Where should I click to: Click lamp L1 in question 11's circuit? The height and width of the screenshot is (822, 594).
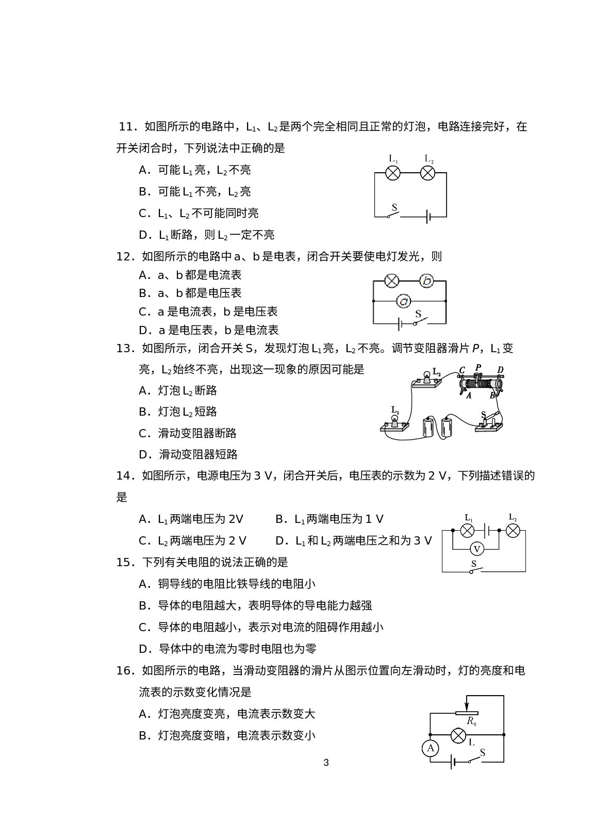click(393, 173)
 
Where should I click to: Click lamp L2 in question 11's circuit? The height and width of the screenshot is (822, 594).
click(427, 173)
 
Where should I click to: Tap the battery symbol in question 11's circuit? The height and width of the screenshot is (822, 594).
click(428, 217)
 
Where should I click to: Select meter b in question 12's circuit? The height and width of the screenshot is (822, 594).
click(427, 281)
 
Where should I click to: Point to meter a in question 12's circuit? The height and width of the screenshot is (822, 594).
click(404, 301)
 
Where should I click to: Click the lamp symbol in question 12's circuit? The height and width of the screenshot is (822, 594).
click(392, 281)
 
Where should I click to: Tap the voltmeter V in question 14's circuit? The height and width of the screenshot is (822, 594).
click(477, 549)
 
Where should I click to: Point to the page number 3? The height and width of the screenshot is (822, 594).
click(326, 763)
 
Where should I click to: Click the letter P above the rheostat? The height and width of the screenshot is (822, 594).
click(478, 367)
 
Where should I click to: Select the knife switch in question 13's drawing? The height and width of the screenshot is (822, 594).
click(489, 422)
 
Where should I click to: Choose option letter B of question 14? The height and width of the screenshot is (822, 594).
click(279, 519)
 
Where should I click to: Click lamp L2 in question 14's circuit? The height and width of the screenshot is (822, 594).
click(513, 531)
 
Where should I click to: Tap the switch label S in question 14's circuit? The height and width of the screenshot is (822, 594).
click(474, 564)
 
